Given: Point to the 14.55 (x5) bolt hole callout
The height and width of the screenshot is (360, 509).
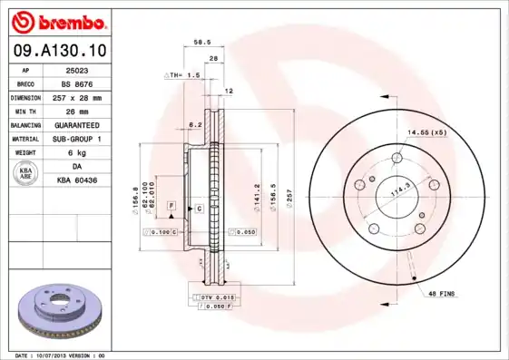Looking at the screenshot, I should [x=427, y=133].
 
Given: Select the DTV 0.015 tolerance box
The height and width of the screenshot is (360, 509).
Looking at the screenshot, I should [x=210, y=297].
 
